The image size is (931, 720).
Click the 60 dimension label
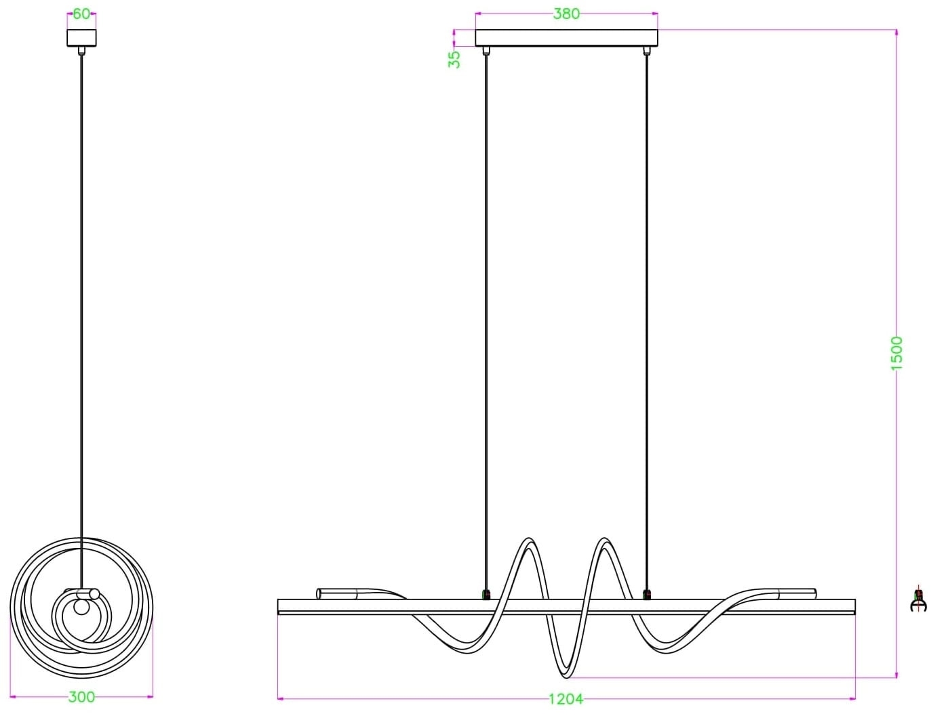point(81,14)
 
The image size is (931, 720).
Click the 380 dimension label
point(566,14)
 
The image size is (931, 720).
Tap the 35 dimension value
point(454,60)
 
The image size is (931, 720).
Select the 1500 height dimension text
point(896,354)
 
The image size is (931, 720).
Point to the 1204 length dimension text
point(566,699)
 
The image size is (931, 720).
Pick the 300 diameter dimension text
point(81,697)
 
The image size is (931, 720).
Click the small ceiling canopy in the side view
point(81,38)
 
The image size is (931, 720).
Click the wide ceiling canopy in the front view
point(566,38)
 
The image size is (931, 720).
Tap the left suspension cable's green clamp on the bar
point(486,594)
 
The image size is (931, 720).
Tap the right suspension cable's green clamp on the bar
point(646,594)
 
